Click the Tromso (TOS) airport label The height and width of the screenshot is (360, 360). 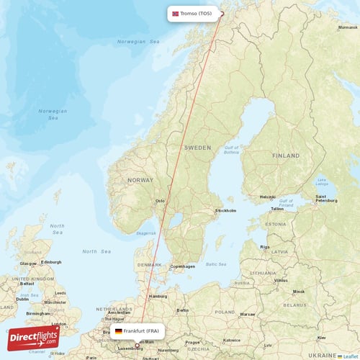click(196, 13)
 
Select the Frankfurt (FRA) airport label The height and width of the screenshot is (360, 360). click(141, 331)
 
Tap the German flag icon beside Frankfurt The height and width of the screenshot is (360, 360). click(119, 331)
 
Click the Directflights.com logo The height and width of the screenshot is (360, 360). click(35, 337)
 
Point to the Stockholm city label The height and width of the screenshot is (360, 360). click(225, 211)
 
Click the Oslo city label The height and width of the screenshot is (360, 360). click(161, 201)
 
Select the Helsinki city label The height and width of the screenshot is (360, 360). click(268, 197)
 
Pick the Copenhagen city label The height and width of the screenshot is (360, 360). click(182, 266)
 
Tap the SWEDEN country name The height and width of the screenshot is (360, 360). click(197, 147)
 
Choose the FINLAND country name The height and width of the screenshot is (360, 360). click(286, 156)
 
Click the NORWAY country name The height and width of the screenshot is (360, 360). click(140, 180)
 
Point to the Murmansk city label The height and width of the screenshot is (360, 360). click(347, 27)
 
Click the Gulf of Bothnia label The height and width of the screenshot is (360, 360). click(231, 150)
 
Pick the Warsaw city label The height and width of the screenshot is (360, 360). click(248, 315)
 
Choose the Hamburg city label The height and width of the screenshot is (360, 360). click(157, 296)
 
